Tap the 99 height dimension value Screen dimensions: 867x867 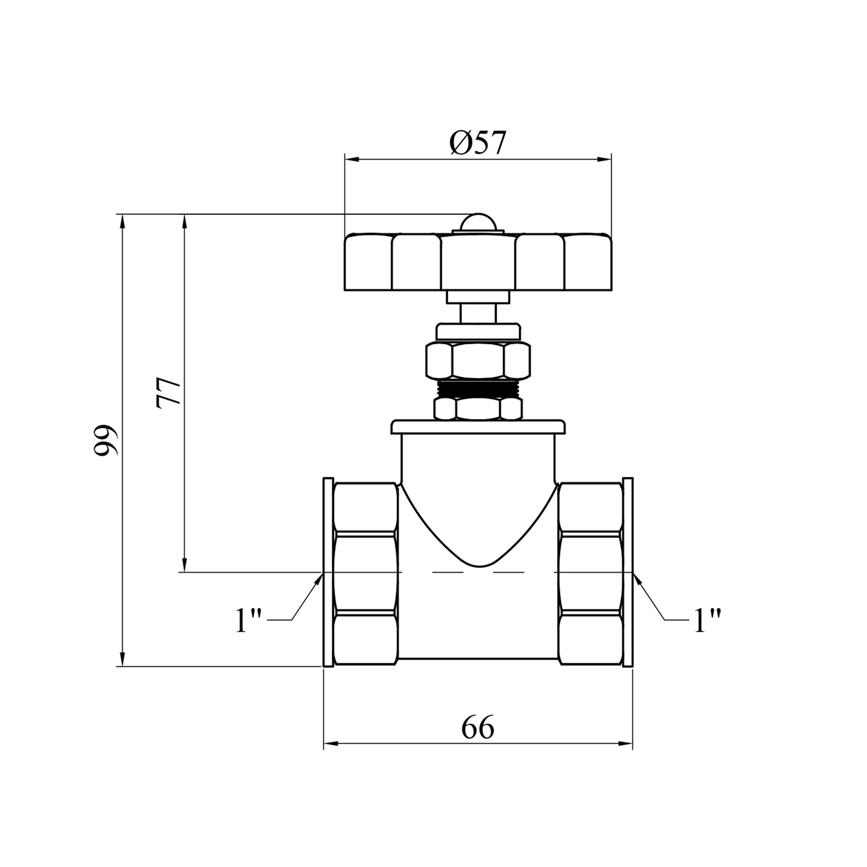coord(106,440)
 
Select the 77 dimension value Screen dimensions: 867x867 coord(169,393)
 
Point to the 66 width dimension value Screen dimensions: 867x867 coord(478,727)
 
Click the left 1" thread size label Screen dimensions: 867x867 coord(249,620)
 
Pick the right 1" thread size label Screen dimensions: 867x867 coord(707,620)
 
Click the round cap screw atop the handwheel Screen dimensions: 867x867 coord(477,223)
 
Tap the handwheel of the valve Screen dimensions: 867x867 coord(477,261)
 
